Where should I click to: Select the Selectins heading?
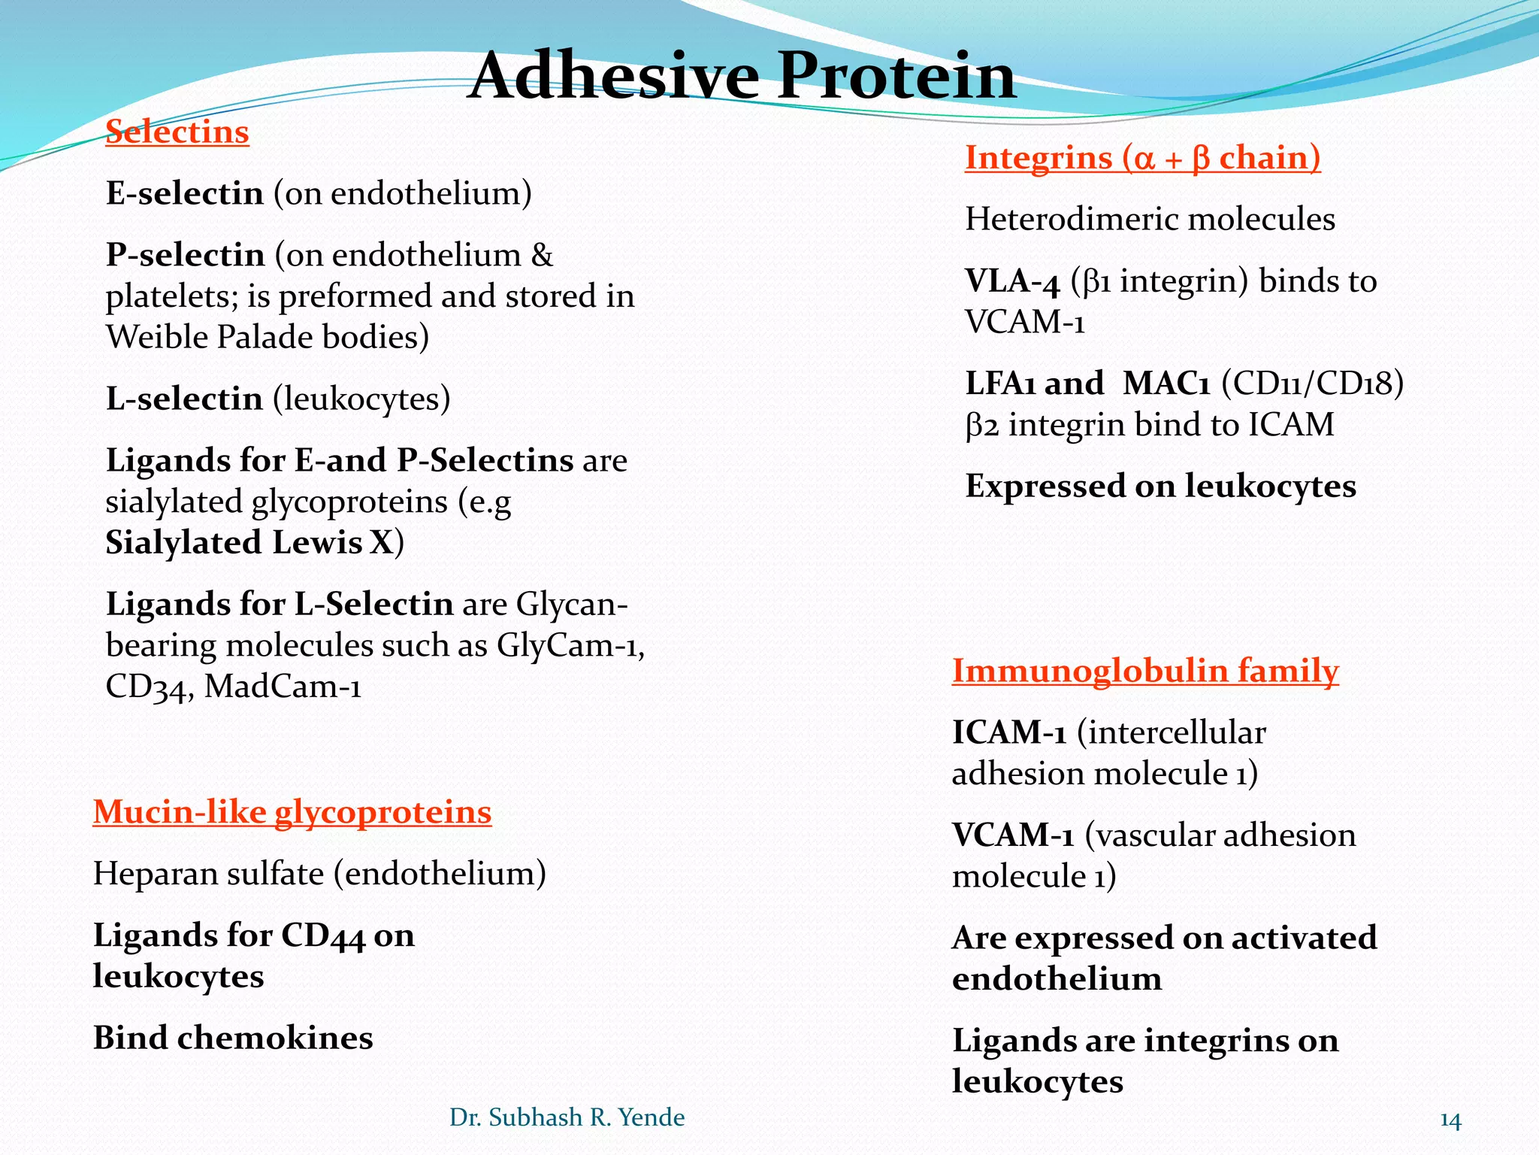click(x=177, y=132)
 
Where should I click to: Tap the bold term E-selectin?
click(x=185, y=193)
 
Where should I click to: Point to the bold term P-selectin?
click(x=186, y=255)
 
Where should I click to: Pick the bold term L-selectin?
click(x=184, y=399)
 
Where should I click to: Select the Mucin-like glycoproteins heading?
click(x=292, y=812)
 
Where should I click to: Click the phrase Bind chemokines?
click(x=233, y=1038)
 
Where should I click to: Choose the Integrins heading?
click(x=1142, y=158)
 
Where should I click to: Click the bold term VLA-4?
click(x=1012, y=281)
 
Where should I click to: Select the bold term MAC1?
click(x=1166, y=383)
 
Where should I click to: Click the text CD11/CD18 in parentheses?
click(x=1312, y=383)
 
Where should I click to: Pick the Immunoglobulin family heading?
click(x=1145, y=671)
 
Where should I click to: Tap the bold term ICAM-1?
click(x=1009, y=732)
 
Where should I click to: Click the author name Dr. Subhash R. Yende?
click(x=567, y=1117)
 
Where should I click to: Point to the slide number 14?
click(x=1450, y=1120)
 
